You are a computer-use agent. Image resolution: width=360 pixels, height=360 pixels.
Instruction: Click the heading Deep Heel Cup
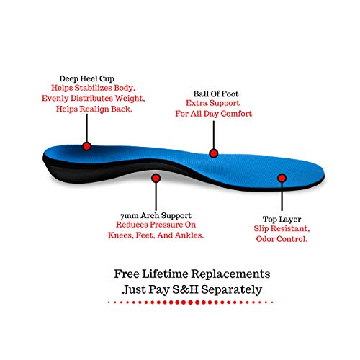point(86,78)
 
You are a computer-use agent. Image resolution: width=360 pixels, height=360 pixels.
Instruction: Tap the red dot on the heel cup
point(87,146)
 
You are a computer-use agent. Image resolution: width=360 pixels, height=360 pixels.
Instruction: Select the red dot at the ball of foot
point(213,153)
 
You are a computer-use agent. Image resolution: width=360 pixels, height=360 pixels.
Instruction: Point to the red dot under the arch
point(156,178)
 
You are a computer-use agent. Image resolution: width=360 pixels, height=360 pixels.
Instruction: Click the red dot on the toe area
point(282,178)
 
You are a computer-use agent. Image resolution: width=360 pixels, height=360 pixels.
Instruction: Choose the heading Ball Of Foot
point(216,94)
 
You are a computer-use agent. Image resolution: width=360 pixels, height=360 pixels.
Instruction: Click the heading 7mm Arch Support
point(156,215)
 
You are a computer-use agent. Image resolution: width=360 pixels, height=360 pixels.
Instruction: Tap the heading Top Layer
point(282,220)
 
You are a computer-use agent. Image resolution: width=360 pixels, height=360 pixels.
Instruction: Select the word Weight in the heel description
point(129,99)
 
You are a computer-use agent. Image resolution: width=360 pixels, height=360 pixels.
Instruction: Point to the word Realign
point(94,109)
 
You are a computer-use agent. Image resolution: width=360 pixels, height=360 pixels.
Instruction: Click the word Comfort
point(236,114)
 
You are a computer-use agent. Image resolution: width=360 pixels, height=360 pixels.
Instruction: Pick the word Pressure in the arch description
point(166,225)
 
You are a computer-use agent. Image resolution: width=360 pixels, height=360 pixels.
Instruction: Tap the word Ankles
point(189,235)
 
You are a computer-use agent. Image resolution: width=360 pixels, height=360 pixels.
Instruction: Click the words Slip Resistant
point(282,228)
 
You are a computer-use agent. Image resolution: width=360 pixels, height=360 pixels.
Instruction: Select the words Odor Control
point(282,239)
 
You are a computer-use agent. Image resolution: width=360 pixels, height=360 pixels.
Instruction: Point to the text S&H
point(185,289)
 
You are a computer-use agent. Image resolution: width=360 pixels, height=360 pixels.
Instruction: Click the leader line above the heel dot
point(86,127)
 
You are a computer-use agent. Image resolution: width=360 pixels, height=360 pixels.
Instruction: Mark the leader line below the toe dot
point(282,197)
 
